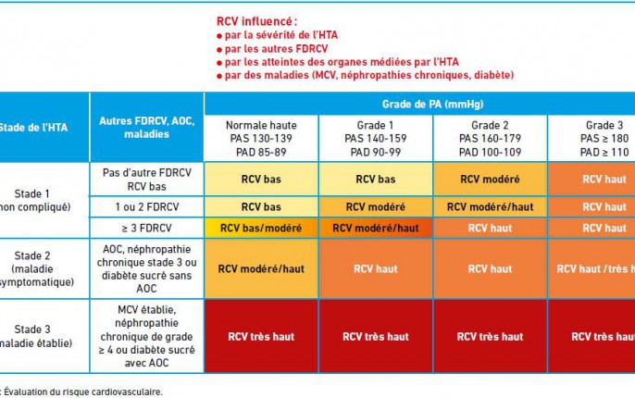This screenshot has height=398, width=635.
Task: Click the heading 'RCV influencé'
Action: point(256,20)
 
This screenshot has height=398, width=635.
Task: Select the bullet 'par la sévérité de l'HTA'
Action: point(276,35)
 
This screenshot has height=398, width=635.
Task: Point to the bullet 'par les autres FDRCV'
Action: point(268,48)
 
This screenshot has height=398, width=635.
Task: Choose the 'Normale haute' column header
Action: point(260,137)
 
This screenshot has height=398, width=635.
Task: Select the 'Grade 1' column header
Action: point(375,137)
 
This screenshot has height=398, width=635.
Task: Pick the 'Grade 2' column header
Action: point(490,137)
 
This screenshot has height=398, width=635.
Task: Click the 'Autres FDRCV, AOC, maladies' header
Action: point(146,128)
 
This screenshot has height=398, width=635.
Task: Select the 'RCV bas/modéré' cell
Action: point(260,228)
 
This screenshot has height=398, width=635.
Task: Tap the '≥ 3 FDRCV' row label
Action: point(146,228)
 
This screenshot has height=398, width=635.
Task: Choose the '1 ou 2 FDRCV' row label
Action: point(146,207)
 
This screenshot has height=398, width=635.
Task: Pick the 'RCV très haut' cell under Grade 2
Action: point(490,337)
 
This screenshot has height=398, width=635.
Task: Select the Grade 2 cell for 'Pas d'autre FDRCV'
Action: point(490,179)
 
